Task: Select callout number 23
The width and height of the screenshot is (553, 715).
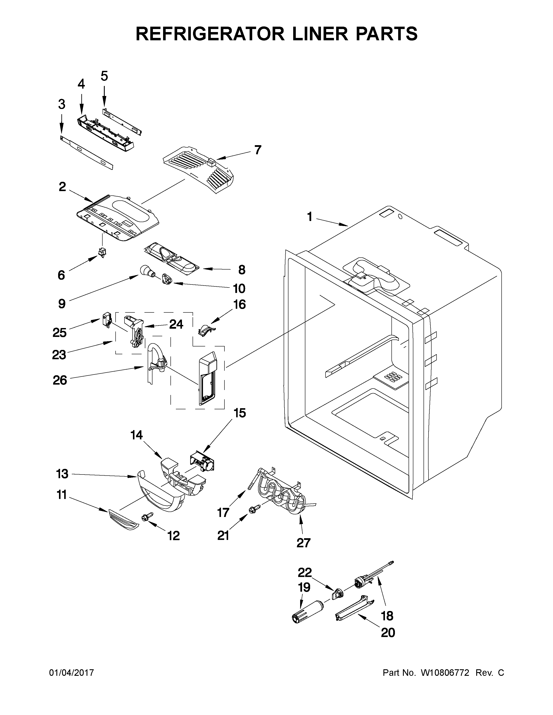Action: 59,354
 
